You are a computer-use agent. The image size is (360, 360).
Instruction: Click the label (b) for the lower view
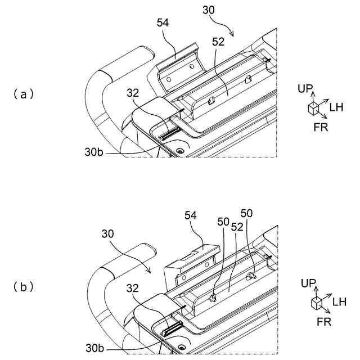point(24,287)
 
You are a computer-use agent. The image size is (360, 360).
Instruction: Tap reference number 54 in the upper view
point(163,22)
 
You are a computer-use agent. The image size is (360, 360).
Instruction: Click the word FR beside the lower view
point(323,322)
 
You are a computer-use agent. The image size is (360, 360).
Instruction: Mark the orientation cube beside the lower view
point(317,303)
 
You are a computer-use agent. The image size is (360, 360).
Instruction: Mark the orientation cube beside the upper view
point(313,109)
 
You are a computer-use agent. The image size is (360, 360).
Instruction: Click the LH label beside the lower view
point(339,302)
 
